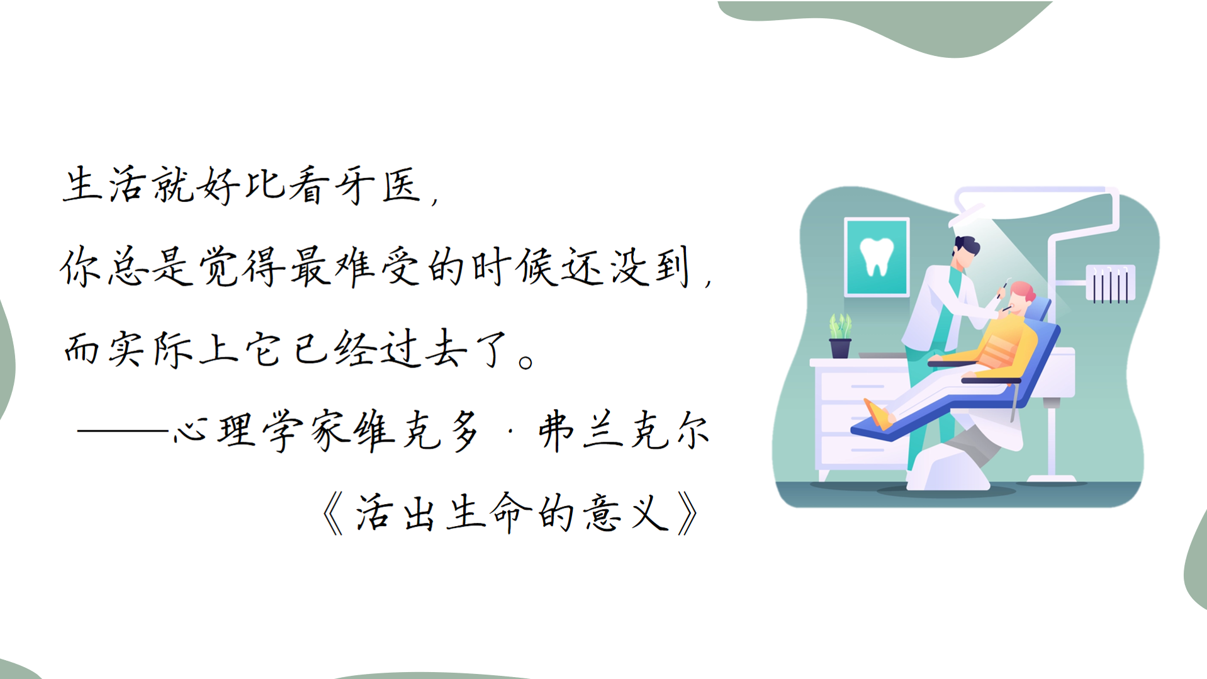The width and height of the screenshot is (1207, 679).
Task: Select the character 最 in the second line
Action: click(310, 266)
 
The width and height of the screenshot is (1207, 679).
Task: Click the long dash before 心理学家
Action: click(123, 431)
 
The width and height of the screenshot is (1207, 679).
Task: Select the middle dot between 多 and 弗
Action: click(510, 432)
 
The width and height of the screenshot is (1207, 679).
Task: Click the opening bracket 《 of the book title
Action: click(332, 513)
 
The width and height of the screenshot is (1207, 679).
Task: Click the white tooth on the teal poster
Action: click(877, 256)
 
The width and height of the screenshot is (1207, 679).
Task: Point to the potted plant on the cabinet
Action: click(840, 336)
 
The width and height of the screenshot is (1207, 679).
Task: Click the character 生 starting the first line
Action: click(82, 184)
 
